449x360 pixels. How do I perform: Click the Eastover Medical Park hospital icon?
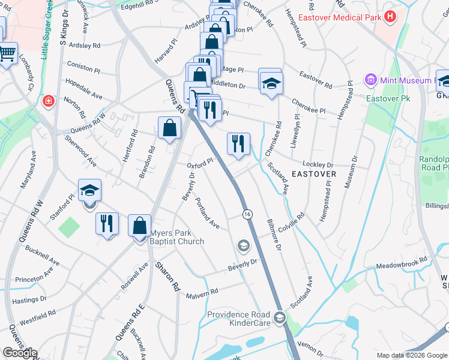(x=390, y=17)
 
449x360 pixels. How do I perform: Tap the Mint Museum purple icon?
(x=370, y=80)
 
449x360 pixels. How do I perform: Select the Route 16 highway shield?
(x=247, y=214)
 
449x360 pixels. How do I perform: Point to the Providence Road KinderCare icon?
(x=279, y=317)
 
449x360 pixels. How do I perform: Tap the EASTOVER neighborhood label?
(x=313, y=173)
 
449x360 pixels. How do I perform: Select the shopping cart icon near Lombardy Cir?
(x=6, y=55)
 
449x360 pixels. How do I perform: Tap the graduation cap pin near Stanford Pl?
(x=89, y=191)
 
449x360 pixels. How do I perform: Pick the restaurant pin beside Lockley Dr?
(x=238, y=143)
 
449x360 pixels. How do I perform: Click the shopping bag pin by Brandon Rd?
(x=170, y=127)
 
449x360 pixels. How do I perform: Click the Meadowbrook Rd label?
(x=401, y=262)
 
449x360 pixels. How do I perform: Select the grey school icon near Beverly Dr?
(x=244, y=245)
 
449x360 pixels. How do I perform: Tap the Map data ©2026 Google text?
(x=412, y=355)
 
